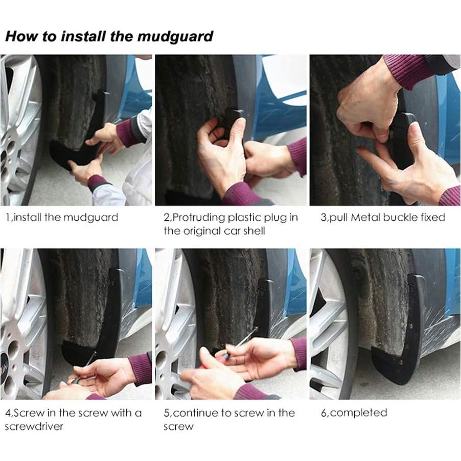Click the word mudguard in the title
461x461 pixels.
pos(175,37)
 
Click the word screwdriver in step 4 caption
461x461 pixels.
pos(34,427)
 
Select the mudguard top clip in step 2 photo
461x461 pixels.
pos(235,117)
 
